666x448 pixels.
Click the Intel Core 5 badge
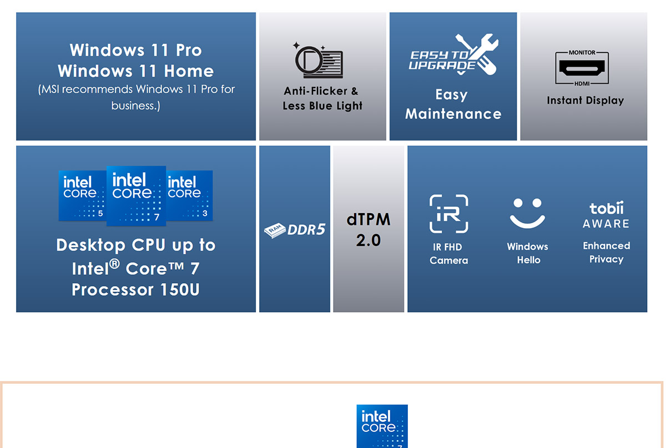point(82,195)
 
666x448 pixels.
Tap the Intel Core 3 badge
point(189,195)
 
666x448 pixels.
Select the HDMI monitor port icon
point(582,68)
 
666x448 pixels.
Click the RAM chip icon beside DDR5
point(275,230)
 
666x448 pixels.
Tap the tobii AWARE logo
point(606,215)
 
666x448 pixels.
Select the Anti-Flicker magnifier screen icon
point(318,61)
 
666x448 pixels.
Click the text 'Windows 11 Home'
point(136,71)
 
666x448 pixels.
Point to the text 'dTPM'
point(369,219)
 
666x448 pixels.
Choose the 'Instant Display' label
point(585,100)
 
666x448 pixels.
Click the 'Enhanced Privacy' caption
point(606,252)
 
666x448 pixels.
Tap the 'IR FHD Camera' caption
point(448,254)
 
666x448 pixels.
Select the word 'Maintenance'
point(453,114)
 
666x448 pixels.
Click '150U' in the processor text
point(180,289)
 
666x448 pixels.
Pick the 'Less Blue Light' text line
point(322,106)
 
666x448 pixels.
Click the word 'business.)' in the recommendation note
point(136,105)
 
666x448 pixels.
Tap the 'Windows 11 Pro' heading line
point(136,50)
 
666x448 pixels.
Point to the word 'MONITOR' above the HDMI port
point(582,53)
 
